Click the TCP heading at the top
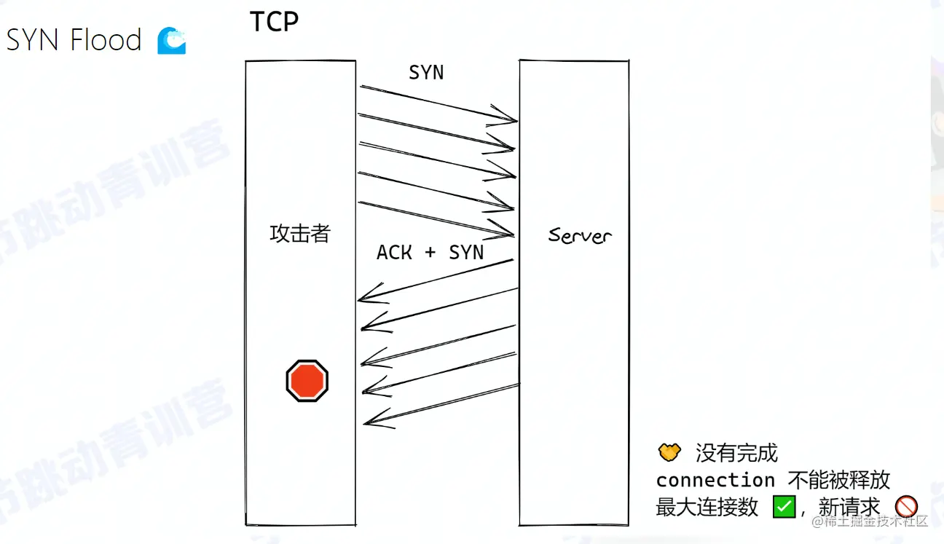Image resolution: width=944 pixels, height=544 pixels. click(x=274, y=22)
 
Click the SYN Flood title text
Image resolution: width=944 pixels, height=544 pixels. click(x=74, y=40)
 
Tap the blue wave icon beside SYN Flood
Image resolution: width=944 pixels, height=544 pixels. click(x=172, y=41)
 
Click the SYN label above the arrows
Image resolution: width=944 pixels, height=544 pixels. click(x=426, y=73)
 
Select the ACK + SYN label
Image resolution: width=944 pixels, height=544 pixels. click(x=430, y=252)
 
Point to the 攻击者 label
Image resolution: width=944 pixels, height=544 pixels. click(x=300, y=234)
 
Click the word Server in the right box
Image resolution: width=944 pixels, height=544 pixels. click(x=580, y=235)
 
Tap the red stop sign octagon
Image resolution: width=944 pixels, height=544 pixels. click(x=307, y=380)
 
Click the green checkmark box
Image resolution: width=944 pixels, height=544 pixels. click(x=784, y=506)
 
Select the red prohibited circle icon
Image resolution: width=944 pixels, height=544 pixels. click(x=905, y=506)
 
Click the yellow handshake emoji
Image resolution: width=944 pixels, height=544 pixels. click(x=669, y=452)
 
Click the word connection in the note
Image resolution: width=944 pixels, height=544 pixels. click(x=715, y=480)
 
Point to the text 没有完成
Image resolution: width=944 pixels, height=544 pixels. click(x=736, y=453)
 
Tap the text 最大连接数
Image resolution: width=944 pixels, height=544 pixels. click(x=707, y=507)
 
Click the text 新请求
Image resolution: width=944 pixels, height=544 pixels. click(x=849, y=507)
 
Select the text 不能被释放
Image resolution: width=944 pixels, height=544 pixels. click(x=839, y=480)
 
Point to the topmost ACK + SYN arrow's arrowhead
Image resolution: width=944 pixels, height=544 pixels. click(x=365, y=297)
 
